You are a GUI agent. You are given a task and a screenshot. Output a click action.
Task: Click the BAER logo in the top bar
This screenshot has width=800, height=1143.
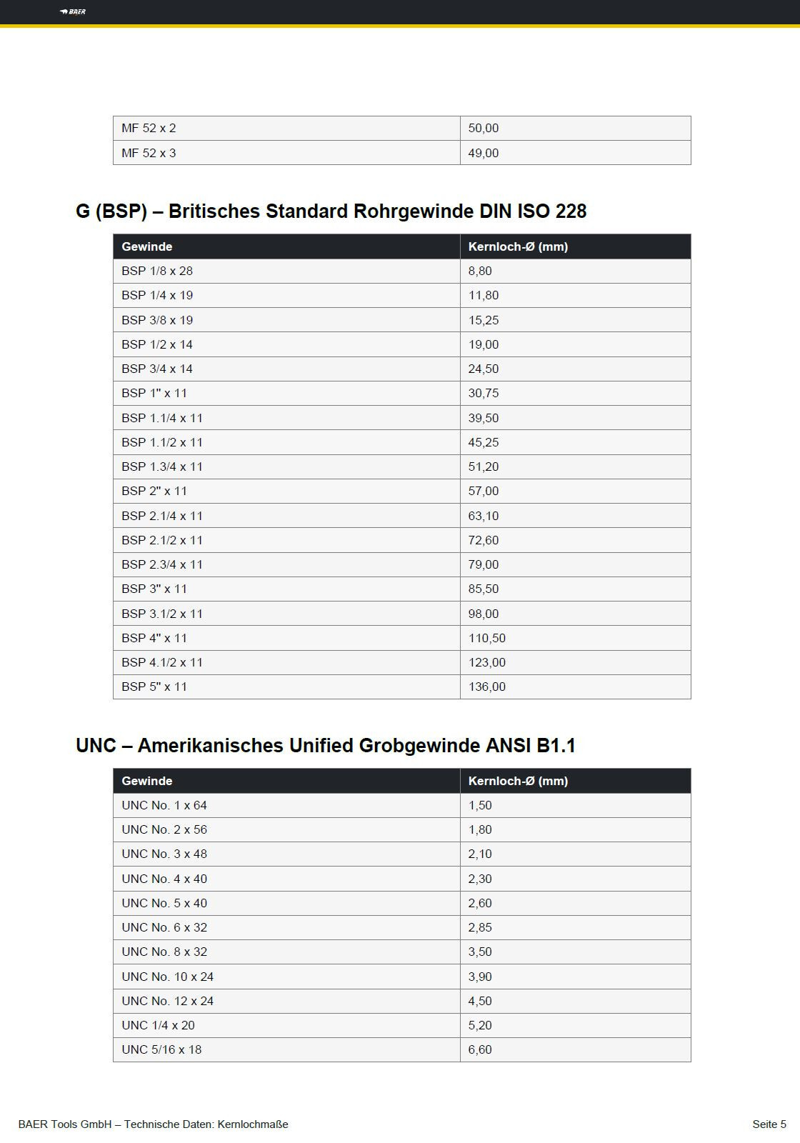click(73, 11)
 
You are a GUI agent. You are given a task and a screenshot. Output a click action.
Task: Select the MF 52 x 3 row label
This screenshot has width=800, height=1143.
click(149, 153)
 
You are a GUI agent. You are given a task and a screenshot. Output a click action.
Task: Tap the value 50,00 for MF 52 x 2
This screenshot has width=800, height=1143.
click(484, 129)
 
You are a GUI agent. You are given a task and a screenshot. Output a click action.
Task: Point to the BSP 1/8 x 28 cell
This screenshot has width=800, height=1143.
click(157, 271)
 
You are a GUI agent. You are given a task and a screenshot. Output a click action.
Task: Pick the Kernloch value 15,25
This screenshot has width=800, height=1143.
click(484, 320)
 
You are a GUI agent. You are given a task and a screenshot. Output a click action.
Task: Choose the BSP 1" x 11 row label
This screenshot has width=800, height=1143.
click(154, 394)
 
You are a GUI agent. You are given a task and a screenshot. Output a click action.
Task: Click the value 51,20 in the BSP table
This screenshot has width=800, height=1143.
click(484, 466)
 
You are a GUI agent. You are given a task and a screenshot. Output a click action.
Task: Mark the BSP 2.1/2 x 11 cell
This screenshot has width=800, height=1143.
click(162, 540)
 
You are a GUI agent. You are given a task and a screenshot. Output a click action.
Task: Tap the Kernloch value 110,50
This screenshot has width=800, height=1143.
click(487, 638)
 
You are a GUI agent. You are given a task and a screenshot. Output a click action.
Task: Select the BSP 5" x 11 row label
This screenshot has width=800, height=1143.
click(154, 687)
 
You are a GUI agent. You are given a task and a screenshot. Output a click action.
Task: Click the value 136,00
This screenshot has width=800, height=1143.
click(487, 687)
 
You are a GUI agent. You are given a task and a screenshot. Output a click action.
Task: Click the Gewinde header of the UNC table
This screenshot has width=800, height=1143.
click(147, 781)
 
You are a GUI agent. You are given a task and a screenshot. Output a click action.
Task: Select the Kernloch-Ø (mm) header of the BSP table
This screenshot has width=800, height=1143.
click(518, 246)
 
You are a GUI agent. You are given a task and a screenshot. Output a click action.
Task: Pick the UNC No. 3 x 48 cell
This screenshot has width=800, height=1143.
click(164, 854)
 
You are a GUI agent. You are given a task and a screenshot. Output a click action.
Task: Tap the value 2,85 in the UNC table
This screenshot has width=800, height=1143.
click(480, 927)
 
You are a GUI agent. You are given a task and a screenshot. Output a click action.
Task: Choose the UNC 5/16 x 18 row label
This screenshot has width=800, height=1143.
click(161, 1049)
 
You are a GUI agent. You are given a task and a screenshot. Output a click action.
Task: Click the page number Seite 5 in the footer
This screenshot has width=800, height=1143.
click(769, 1124)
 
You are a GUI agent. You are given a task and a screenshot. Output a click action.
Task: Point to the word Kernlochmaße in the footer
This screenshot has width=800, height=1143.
click(253, 1124)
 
